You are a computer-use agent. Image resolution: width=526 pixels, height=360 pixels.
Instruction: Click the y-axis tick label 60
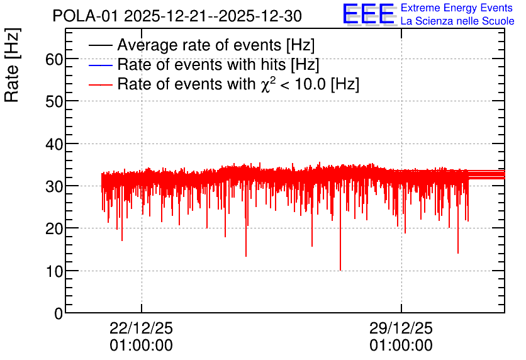tap(54, 60)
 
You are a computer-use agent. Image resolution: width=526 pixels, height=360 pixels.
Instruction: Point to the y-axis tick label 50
tap(54, 102)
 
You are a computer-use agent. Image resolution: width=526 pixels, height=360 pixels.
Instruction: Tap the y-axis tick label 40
tap(54, 144)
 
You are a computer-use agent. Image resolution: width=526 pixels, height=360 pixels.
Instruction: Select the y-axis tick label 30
tap(54, 186)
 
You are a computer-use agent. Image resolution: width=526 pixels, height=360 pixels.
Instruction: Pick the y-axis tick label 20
tap(54, 229)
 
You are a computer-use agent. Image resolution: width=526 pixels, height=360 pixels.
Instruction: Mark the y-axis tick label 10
tap(54, 271)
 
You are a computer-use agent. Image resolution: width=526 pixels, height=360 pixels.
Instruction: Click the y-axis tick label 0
tap(59, 313)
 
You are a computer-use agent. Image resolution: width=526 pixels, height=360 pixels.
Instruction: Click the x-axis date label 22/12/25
tap(141, 328)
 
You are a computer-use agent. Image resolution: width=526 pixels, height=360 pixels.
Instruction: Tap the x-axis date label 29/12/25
tap(401, 328)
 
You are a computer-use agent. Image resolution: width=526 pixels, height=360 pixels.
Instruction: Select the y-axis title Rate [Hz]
tap(12, 65)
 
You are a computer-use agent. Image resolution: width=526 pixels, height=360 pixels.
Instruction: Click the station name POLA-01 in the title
tap(86, 16)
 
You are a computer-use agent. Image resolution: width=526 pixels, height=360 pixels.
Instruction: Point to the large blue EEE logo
tap(369, 14)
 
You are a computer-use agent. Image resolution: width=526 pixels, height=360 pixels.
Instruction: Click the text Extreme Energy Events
tap(457, 8)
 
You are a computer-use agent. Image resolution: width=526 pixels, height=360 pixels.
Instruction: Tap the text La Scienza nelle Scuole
tap(457, 21)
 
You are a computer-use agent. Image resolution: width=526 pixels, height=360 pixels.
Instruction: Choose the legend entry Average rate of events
tap(216, 45)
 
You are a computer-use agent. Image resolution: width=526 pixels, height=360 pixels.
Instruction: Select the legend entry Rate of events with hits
tap(218, 64)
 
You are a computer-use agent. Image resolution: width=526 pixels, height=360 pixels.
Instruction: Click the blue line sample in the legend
tap(100, 65)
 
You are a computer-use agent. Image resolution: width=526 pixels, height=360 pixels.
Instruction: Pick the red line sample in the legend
tap(100, 84)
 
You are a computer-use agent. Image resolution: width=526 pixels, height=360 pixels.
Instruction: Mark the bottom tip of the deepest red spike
tap(340, 270)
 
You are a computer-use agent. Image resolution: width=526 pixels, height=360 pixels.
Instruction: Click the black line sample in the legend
tap(100, 45)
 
